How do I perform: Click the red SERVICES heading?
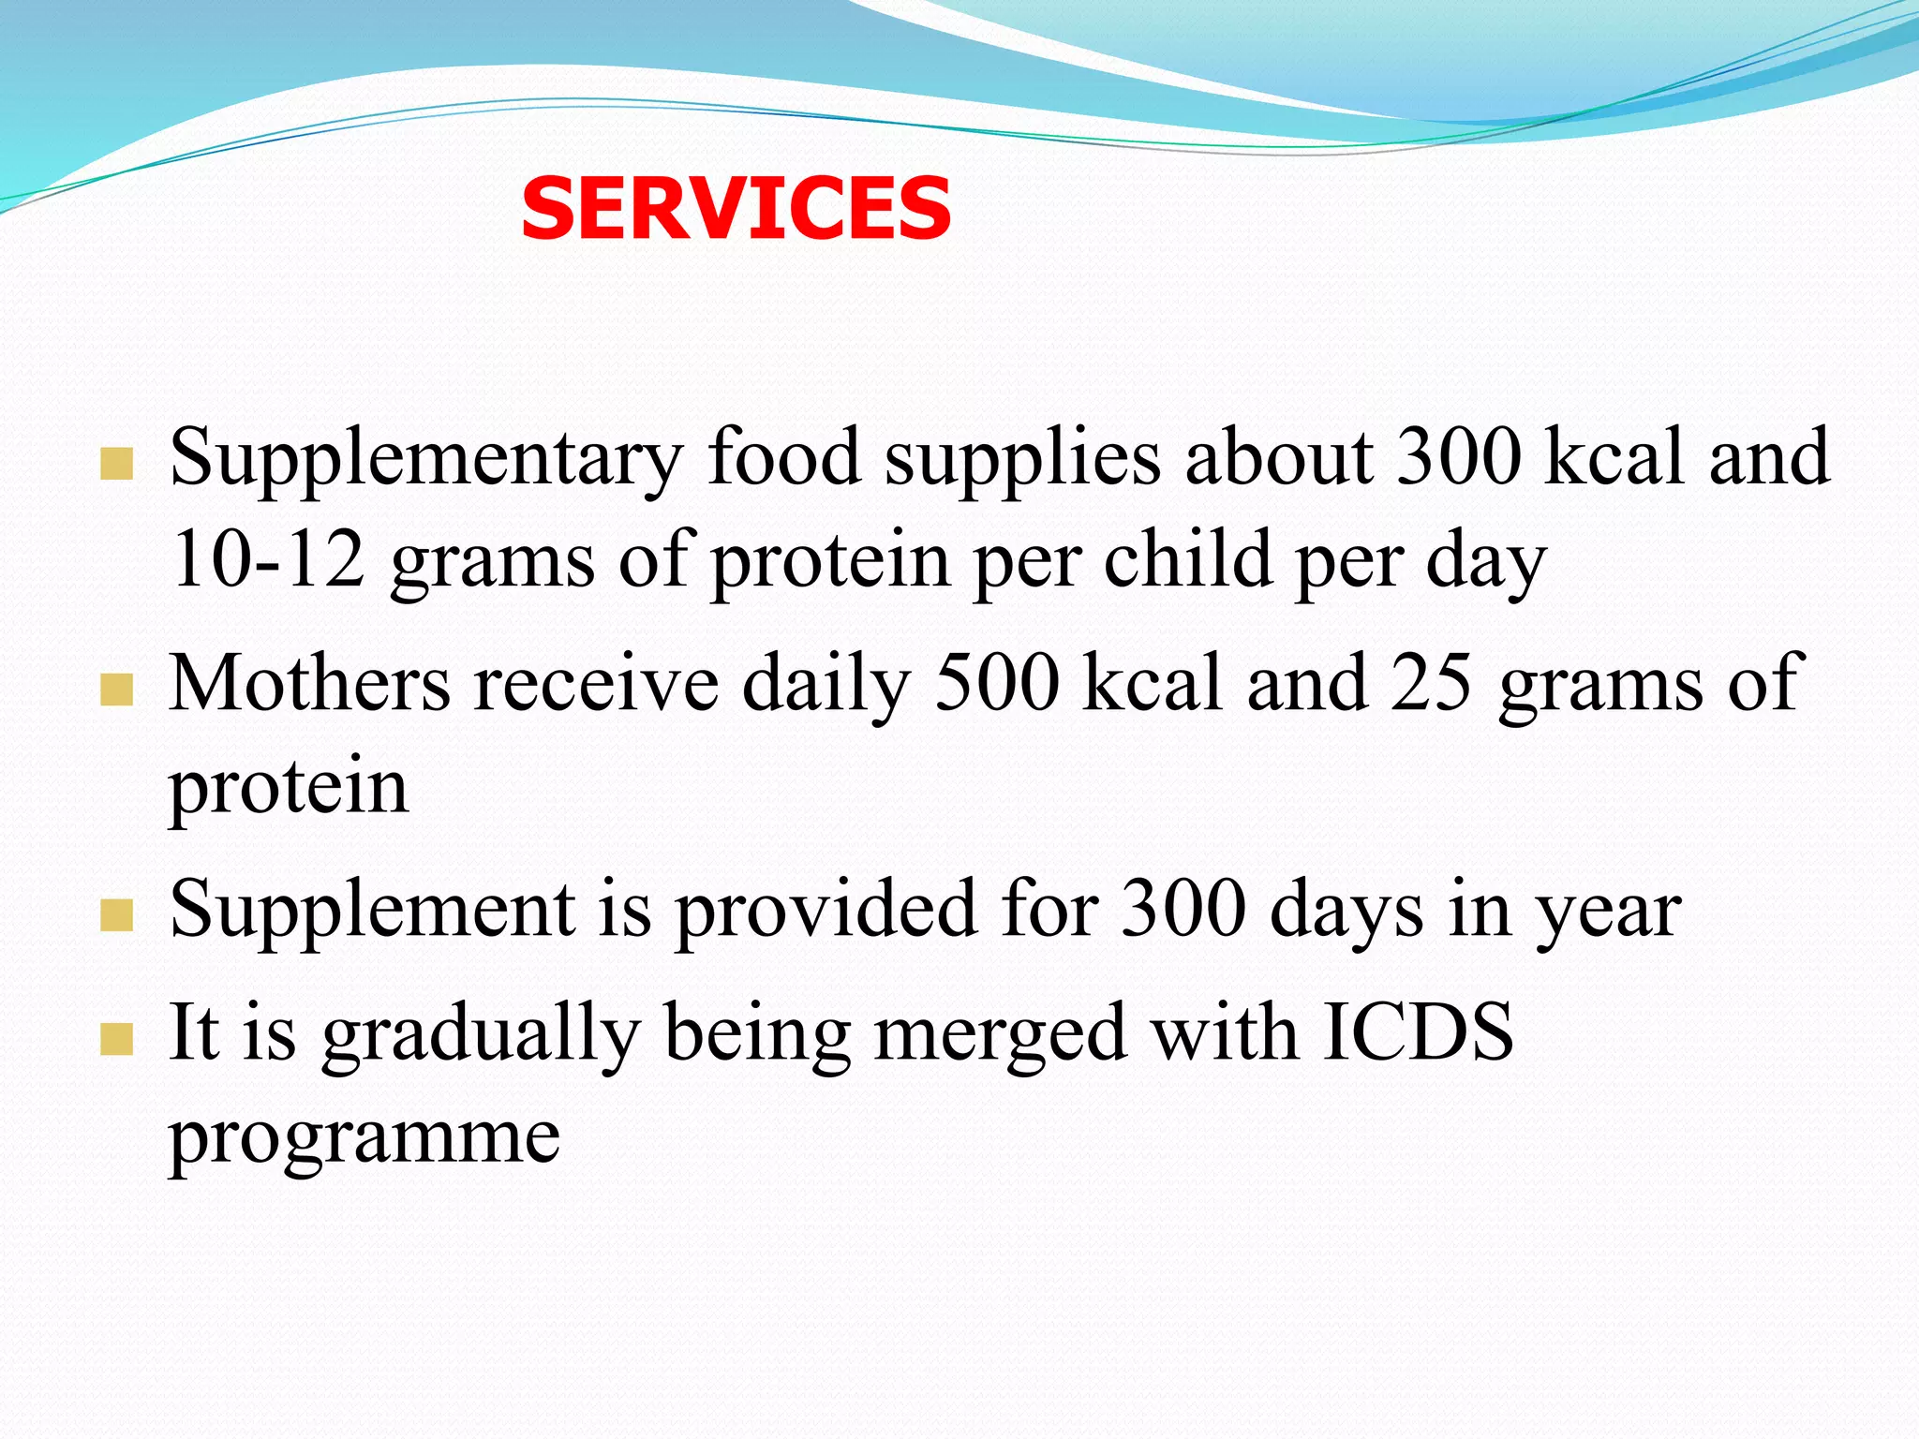click(736, 209)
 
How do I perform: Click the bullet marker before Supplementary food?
click(116, 464)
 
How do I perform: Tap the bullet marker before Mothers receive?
click(116, 690)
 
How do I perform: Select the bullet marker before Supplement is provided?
click(116, 915)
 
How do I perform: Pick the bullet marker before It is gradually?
click(116, 1039)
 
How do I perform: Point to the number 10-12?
click(267, 559)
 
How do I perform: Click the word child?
click(1187, 559)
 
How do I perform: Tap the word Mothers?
click(310, 684)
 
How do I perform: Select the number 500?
click(997, 684)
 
